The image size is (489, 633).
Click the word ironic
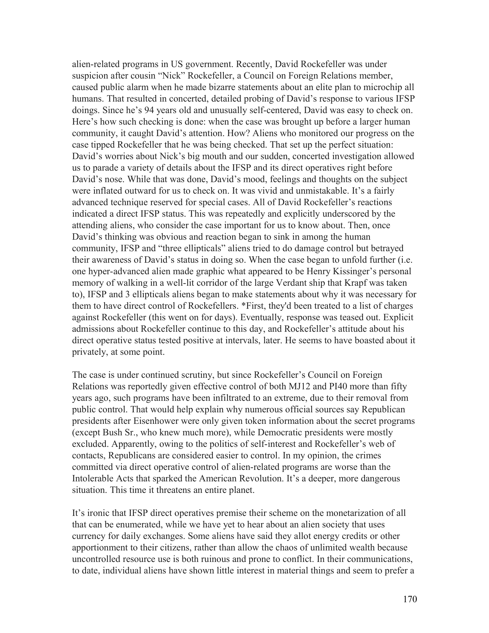[x=99, y=513]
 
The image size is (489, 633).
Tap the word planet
[x=238, y=490]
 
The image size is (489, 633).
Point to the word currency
[x=89, y=536]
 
